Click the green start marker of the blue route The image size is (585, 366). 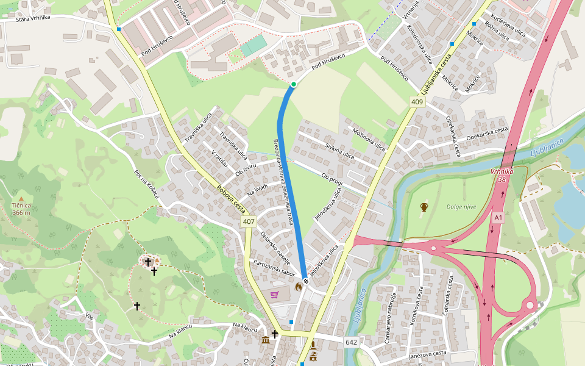[x=293, y=84]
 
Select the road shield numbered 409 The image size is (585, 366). [x=417, y=102]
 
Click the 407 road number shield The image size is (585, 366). [x=249, y=221]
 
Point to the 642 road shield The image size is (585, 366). [x=351, y=342]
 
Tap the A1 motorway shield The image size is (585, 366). [x=499, y=218]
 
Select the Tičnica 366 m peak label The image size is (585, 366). [x=21, y=209]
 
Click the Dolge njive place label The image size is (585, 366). [x=461, y=207]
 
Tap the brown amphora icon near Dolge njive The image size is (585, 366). [x=424, y=207]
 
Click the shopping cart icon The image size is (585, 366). [x=275, y=295]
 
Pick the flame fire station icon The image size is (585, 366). [x=298, y=285]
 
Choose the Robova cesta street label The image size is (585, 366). [x=230, y=198]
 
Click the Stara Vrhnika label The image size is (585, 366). [x=33, y=18]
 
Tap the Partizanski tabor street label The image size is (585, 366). [x=274, y=268]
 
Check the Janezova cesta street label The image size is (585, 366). [x=428, y=353]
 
